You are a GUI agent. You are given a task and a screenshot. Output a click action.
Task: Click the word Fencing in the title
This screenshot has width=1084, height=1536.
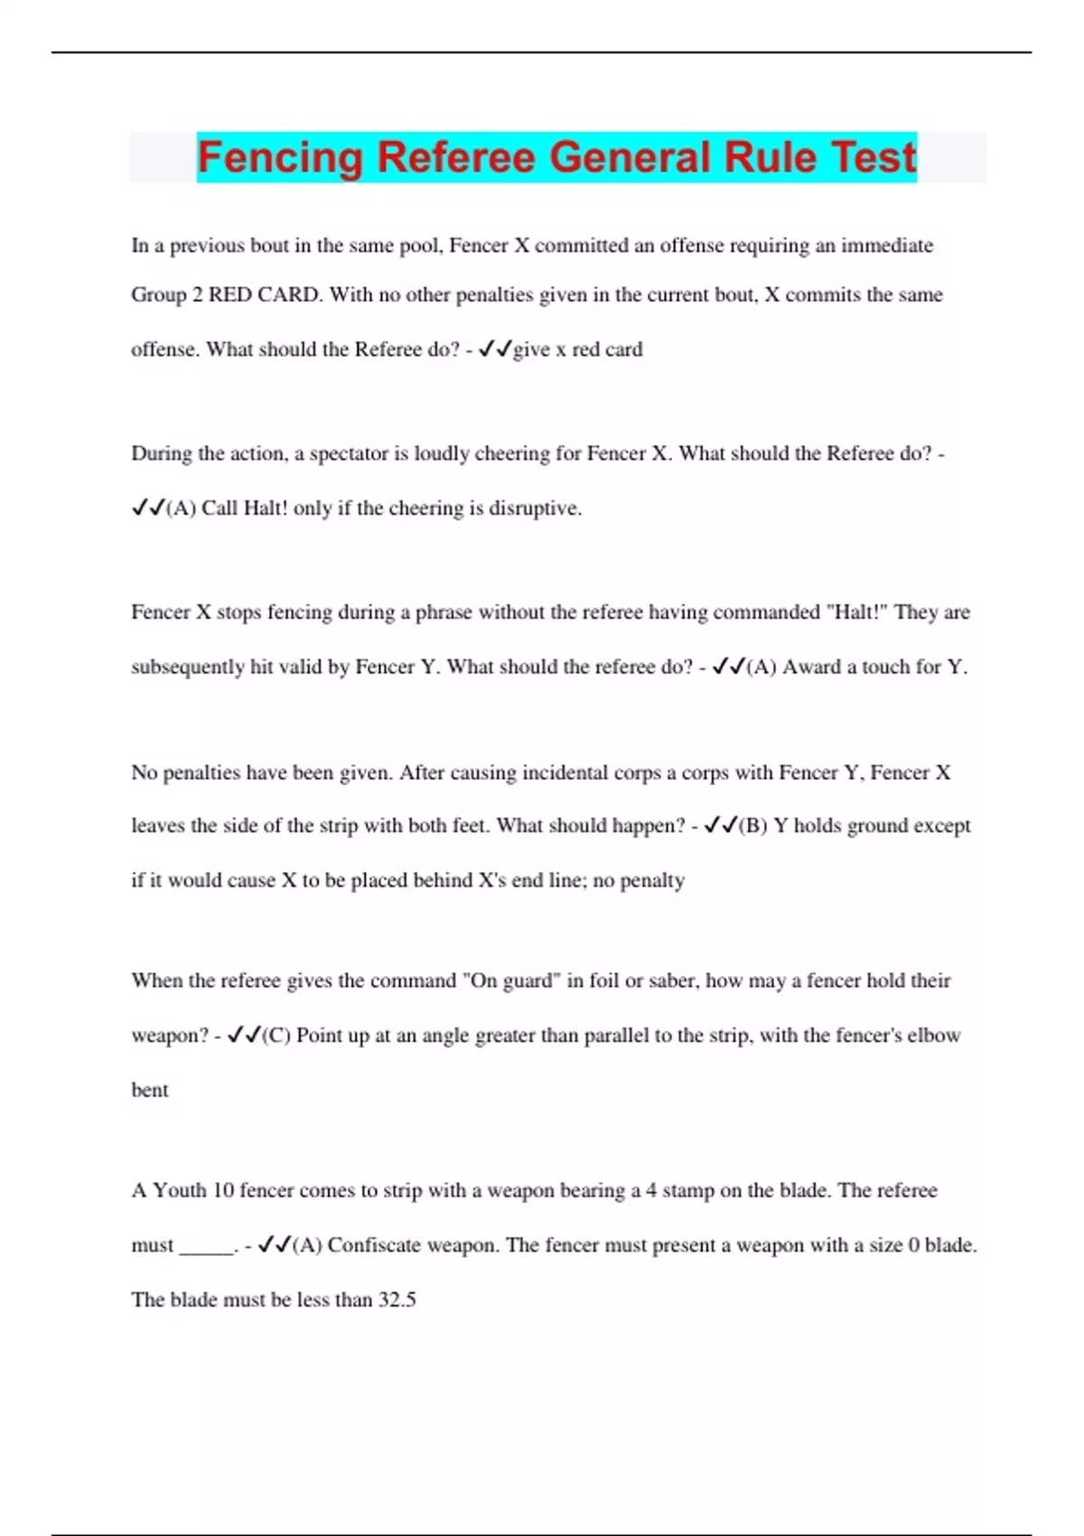pyautogui.click(x=279, y=157)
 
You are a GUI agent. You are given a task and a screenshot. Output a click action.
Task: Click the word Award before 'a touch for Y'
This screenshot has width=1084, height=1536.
pyautogui.click(x=817, y=668)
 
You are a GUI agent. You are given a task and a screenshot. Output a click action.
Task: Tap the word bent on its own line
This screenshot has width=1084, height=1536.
pyautogui.click(x=150, y=1091)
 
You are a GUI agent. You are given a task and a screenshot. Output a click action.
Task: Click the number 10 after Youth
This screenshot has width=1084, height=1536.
pyautogui.click(x=223, y=1191)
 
